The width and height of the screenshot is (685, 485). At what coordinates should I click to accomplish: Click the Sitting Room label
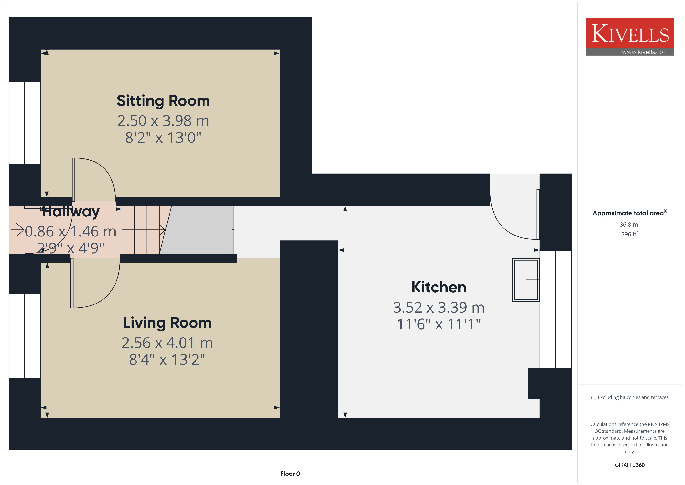(x=163, y=101)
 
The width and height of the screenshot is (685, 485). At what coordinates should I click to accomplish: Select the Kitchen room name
(x=439, y=287)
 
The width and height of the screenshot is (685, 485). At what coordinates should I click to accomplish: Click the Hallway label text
(x=70, y=212)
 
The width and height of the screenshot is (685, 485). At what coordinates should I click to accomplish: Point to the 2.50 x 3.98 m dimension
(x=163, y=121)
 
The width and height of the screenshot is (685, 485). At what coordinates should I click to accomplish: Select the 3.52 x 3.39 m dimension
(x=439, y=308)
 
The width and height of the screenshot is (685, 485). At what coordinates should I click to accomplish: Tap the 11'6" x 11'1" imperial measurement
(x=439, y=324)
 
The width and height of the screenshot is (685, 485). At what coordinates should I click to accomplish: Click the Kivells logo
(x=630, y=37)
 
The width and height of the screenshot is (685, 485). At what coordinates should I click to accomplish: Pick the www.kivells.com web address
(x=645, y=52)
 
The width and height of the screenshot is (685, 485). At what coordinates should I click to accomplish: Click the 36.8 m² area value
(x=630, y=224)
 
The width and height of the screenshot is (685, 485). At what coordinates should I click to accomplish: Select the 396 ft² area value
(x=630, y=234)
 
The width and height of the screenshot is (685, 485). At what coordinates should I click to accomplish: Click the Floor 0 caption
(x=290, y=474)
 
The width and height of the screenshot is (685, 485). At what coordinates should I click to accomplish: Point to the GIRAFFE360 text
(x=630, y=465)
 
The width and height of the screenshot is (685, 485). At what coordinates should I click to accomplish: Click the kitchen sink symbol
(x=526, y=280)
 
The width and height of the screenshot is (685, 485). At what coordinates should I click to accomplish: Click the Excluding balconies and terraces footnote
(x=630, y=397)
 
